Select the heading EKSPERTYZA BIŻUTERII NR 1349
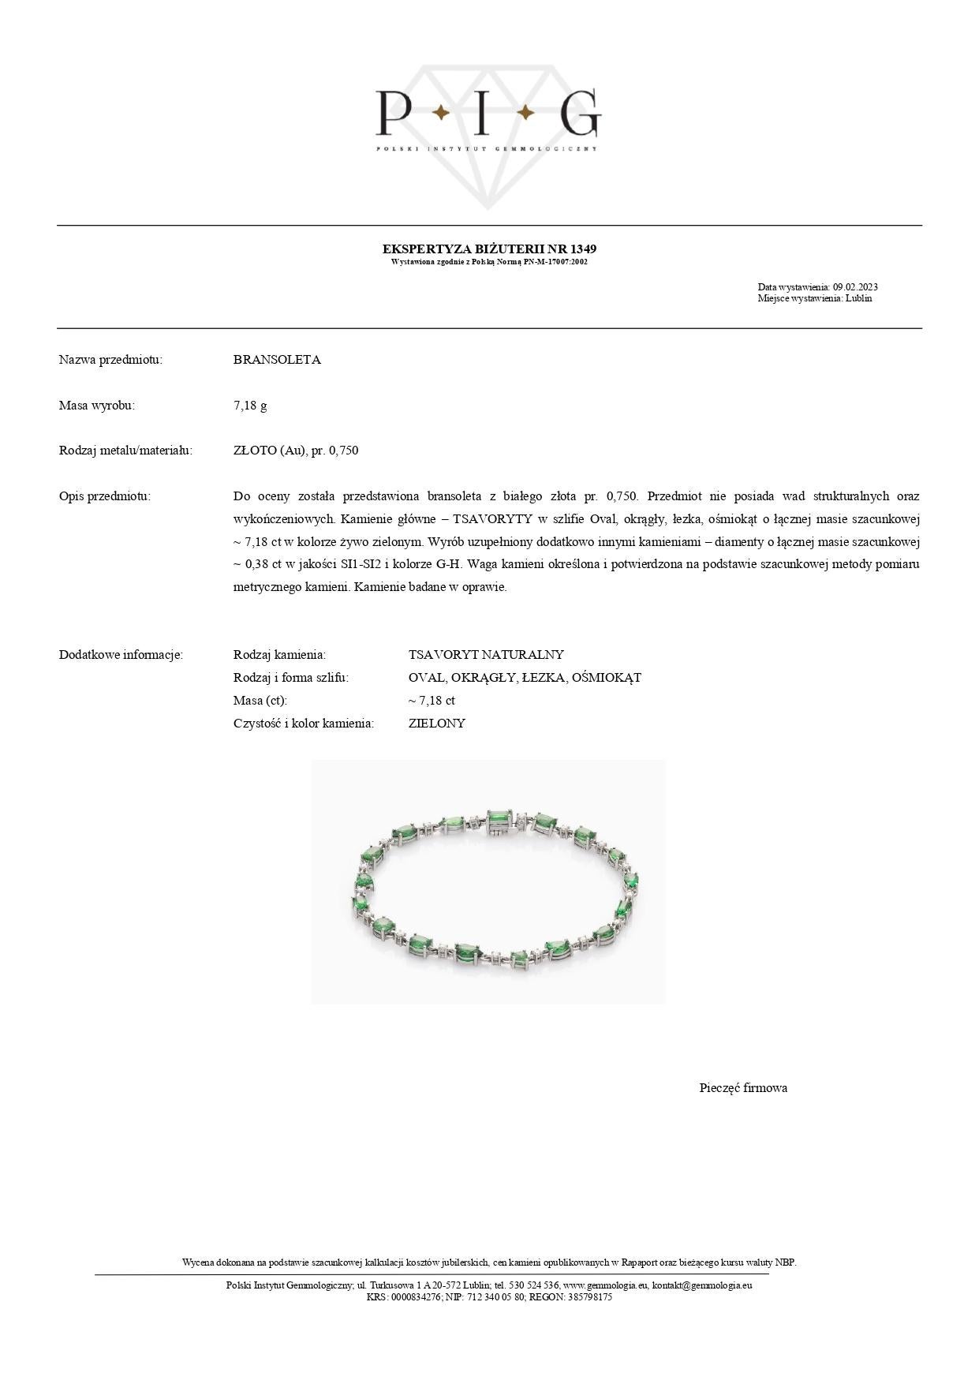[489, 249]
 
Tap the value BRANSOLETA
[277, 360]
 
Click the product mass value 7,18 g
[250, 406]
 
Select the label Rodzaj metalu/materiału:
[125, 451]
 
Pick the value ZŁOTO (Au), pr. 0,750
[296, 451]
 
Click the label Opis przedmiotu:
[104, 496]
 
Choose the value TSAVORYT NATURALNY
[486, 655]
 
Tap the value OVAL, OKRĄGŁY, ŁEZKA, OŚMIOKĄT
[525, 678]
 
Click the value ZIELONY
[437, 723]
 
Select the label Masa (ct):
[260, 701]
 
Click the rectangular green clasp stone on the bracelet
[499, 820]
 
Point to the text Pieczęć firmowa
[743, 1088]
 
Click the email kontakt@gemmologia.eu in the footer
[702, 1285]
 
